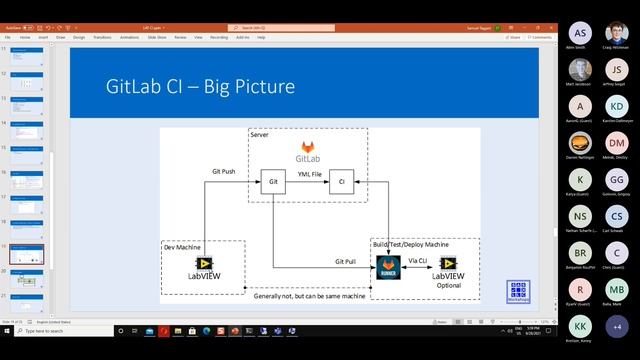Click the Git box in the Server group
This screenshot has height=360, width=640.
[273, 182]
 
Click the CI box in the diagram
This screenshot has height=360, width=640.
[342, 182]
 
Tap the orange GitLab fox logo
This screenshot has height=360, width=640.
[308, 146]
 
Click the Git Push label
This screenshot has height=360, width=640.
[223, 171]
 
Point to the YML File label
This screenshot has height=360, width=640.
[309, 174]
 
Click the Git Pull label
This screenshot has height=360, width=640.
[345, 261]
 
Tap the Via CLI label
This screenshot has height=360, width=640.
[421, 261]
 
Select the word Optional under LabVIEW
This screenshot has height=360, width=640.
[449, 286]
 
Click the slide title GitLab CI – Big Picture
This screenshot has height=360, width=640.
[200, 86]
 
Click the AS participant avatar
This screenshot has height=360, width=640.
[581, 32]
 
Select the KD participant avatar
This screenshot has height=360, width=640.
[617, 106]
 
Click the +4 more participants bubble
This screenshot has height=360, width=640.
[617, 326]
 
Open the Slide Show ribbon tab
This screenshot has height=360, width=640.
[156, 37]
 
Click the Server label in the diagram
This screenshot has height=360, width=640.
[259, 134]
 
